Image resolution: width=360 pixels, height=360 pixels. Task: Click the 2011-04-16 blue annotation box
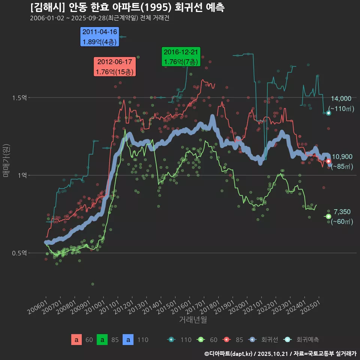click(100, 37)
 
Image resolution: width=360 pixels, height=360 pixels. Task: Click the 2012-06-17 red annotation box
click(114, 67)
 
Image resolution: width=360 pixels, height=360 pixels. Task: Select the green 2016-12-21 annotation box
click(181, 57)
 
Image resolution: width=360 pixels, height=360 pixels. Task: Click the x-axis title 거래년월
click(193, 320)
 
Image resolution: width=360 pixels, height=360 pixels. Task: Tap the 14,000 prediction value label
click(341, 99)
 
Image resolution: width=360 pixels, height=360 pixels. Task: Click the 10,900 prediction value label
click(342, 157)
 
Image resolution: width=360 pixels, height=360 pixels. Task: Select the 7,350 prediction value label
click(342, 212)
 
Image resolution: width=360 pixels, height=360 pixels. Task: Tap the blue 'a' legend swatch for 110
click(128, 340)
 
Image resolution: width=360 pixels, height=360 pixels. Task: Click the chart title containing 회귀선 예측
click(127, 7)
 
